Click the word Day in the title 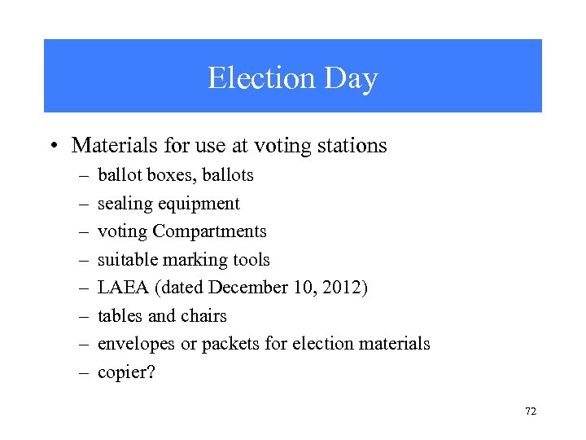[x=351, y=78]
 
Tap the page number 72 [x=531, y=412]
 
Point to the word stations [x=348, y=146]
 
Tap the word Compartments [x=209, y=231]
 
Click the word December [x=245, y=288]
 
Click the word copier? [x=126, y=372]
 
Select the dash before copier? [x=83, y=372]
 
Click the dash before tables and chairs [x=83, y=316]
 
